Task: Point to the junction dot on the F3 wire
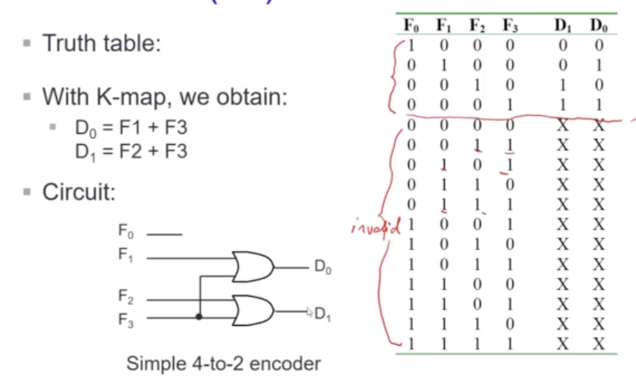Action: point(199,317)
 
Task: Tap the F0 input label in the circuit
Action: point(127,232)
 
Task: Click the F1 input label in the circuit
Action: point(127,254)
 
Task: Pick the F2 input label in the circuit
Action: point(127,297)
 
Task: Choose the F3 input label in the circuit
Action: point(127,318)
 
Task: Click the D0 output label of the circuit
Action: point(322,268)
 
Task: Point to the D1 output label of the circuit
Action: point(322,315)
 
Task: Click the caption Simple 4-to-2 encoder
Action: point(223,364)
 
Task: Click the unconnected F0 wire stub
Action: point(164,235)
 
